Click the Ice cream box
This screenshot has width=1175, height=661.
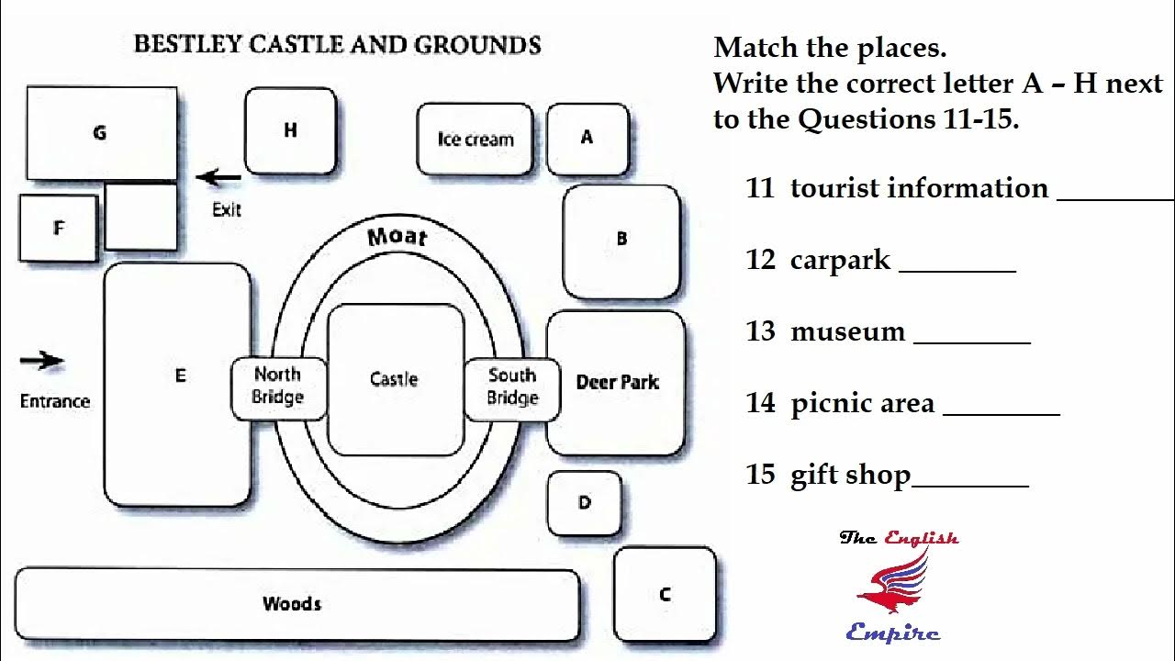tap(475, 139)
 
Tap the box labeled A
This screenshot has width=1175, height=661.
tap(587, 138)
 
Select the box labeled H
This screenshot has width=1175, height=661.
tap(290, 130)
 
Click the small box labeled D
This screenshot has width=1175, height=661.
tap(584, 502)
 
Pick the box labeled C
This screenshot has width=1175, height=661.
tap(665, 594)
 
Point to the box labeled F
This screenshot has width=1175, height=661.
tap(58, 228)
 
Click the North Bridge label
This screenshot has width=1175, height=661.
tap(278, 386)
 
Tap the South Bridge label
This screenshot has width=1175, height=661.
tap(512, 387)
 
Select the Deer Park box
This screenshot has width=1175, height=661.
tap(616, 382)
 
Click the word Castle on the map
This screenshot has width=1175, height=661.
tap(394, 379)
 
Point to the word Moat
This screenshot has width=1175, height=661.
tap(397, 237)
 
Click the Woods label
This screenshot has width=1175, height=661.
tap(292, 603)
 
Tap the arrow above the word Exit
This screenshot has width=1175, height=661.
tap(218, 177)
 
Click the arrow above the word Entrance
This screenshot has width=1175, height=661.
tap(42, 361)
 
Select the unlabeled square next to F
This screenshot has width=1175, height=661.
tap(140, 217)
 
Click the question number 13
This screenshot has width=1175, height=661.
tap(761, 330)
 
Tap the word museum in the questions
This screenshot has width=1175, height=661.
tap(847, 330)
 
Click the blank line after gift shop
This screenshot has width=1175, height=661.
tap(970, 485)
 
